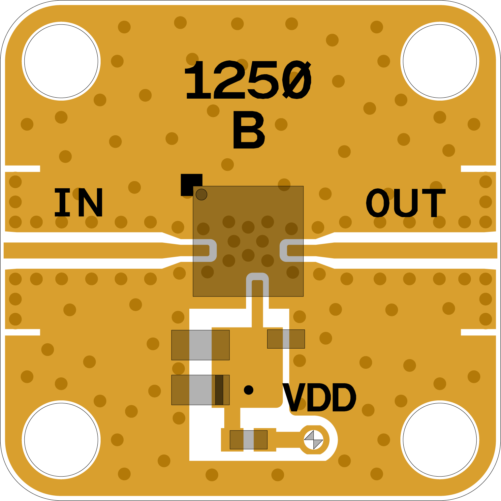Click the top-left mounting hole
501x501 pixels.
point(61,61)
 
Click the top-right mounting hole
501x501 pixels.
point(440,61)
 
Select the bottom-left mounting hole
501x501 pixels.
point(61,440)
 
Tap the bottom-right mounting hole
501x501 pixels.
point(440,440)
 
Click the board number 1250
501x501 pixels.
point(247,80)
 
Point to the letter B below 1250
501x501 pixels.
point(248,130)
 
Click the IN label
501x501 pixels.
point(78,202)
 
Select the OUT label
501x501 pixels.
point(406,203)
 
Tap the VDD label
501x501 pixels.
point(319,398)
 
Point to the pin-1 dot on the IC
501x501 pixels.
point(202,195)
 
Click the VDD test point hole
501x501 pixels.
point(313,440)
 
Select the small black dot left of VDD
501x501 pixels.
point(248,390)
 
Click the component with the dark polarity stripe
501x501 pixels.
point(200,390)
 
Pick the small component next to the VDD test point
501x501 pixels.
point(248,440)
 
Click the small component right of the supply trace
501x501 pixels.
point(286,339)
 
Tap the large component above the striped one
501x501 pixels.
point(200,345)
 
